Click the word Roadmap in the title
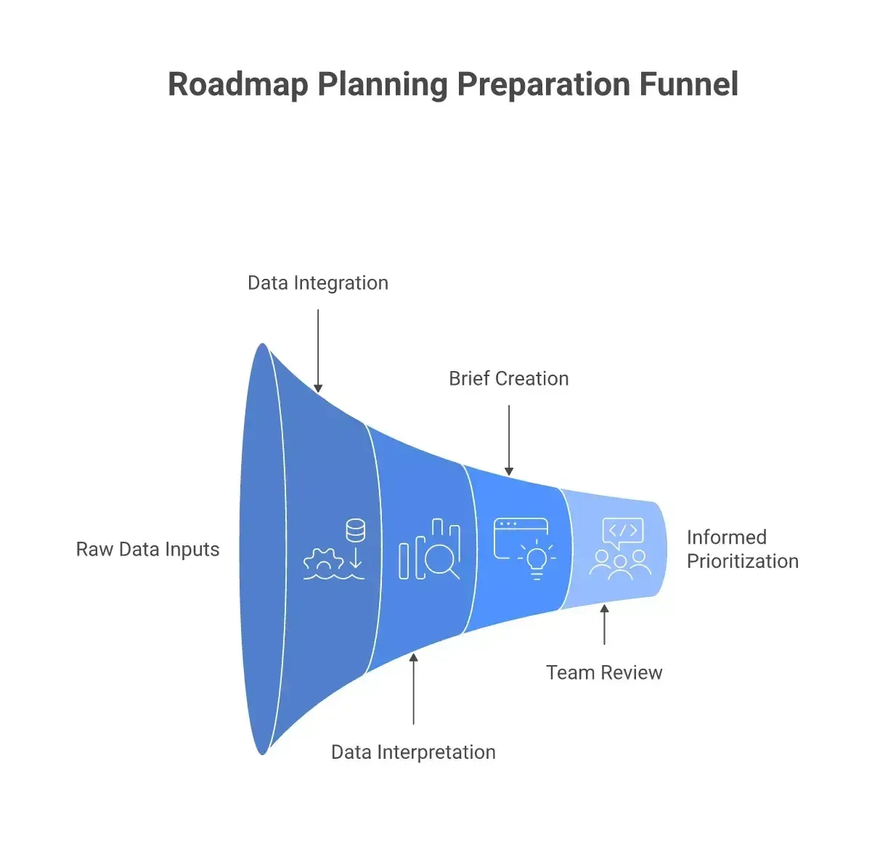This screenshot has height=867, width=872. pos(238,84)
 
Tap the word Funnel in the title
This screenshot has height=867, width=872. pos(688,84)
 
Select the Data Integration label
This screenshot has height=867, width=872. pos(318,283)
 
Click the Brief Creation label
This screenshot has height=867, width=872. pos(509,378)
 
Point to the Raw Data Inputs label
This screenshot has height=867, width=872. pos(147,549)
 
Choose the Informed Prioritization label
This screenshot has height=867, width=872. pos(743,549)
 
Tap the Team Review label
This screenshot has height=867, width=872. pos(604,672)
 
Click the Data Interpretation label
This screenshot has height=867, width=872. pos(413,752)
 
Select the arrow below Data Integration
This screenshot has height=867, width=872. pos(318,351)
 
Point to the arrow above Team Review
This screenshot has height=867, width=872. pos(604,624)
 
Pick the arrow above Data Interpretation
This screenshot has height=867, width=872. pos(413,688)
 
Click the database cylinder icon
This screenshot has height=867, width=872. pos(356,530)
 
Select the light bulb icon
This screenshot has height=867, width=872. pos(537,560)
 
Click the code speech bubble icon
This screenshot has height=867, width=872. pos(623,532)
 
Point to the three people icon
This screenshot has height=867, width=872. pos(620,565)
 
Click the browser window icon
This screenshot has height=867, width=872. pos(521,538)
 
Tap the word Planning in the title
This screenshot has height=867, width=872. pos(383,84)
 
